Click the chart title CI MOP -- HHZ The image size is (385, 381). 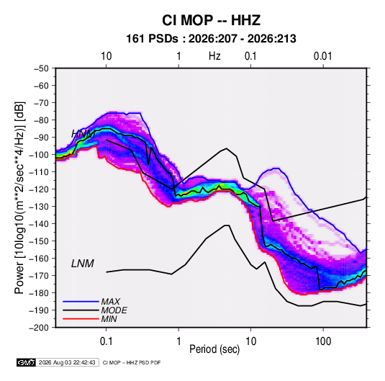(211, 20)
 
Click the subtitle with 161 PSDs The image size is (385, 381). (211, 39)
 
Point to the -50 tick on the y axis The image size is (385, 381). (42, 68)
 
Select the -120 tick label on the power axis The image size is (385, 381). (39, 189)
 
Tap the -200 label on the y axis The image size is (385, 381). (39, 328)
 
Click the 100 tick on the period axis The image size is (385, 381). (323, 341)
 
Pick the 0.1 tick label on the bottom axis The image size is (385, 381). (106, 341)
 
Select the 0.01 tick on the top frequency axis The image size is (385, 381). (323, 56)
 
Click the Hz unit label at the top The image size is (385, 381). (214, 56)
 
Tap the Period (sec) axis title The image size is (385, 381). (214, 349)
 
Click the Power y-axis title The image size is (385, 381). (20, 197)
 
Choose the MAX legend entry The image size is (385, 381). (111, 302)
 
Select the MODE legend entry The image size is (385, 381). (114, 310)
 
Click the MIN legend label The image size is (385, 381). (109, 319)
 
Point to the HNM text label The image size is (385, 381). (83, 134)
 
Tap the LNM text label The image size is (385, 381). (83, 264)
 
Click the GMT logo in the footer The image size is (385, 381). (26, 362)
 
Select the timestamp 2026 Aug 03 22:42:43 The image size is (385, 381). (67, 362)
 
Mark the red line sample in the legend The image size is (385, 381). (81, 319)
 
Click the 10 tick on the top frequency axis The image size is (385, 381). (107, 56)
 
